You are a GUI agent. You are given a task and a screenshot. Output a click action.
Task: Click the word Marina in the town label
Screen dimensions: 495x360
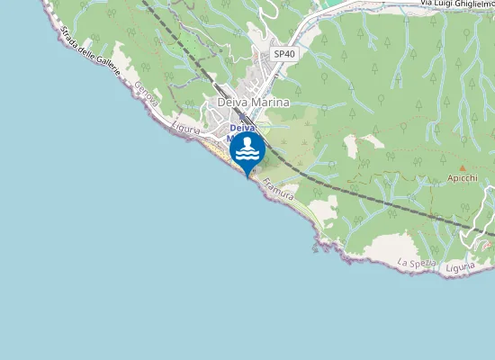[x=270, y=103]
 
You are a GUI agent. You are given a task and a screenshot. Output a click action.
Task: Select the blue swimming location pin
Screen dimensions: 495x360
[x=247, y=151]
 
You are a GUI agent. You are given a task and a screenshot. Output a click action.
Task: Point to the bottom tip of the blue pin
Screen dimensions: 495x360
[x=247, y=176]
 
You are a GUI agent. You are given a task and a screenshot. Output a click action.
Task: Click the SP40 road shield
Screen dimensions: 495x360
[x=284, y=54]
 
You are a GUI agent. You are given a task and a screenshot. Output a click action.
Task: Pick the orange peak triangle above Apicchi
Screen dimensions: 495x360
[x=463, y=168]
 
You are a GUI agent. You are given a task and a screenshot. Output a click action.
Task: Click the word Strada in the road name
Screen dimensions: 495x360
[x=69, y=40]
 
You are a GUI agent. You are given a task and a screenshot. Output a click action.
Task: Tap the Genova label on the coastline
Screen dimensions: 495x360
[x=145, y=96]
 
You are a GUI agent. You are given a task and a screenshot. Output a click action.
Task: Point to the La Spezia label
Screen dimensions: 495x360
[x=417, y=263]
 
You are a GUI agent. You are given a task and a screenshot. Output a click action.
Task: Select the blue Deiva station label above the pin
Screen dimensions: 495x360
[x=242, y=128]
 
